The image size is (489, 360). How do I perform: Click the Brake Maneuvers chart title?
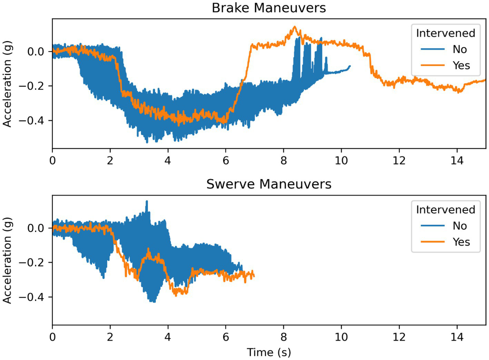click(x=269, y=8)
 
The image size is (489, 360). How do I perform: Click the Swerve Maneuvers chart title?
click(x=269, y=184)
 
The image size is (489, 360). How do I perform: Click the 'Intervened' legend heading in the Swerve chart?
click(x=445, y=210)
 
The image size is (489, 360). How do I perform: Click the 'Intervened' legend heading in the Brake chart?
click(x=445, y=33)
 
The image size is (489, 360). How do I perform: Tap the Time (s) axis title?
click(x=269, y=352)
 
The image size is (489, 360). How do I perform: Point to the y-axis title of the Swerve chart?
click(x=7, y=260)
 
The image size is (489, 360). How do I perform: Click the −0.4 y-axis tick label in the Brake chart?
click(x=32, y=121)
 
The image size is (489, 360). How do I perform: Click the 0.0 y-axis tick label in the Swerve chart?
click(x=36, y=228)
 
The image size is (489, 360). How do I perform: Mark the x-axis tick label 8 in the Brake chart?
click(x=283, y=161)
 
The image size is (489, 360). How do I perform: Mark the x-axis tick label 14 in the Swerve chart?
click(x=457, y=337)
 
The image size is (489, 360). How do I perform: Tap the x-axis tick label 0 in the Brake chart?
click(x=52, y=161)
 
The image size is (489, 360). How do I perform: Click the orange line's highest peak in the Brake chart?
click(x=295, y=27)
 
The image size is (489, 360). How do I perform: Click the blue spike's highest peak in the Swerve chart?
click(x=147, y=201)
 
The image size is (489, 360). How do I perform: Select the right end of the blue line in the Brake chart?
click(x=350, y=66)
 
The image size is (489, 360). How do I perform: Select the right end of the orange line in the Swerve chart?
click(x=254, y=275)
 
